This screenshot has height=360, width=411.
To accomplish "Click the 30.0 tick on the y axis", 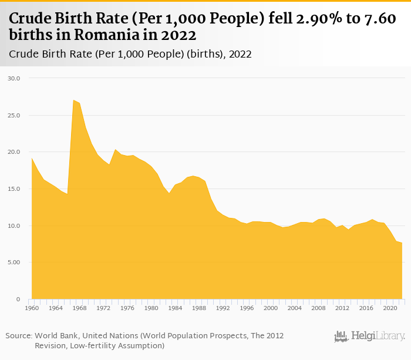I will coord(14,78).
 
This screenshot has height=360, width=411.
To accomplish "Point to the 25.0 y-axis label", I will coord(14,115).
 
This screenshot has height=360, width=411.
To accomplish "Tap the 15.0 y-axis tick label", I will coord(14,189).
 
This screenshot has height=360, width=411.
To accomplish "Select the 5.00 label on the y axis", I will coord(14,263).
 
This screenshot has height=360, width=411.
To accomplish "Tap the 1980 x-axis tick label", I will coord(151,308).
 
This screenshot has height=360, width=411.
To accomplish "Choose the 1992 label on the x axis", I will coord(223,308).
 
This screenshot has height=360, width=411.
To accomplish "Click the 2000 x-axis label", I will coord(271,308).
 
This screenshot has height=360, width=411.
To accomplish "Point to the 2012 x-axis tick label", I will coord(342,308).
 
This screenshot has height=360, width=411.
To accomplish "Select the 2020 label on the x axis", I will coord(390,308).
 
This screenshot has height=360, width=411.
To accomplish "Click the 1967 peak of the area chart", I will coord(73,100).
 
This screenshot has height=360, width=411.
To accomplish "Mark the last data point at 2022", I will coord(402,243).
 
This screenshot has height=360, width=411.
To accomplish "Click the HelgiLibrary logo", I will coord(369,337).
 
